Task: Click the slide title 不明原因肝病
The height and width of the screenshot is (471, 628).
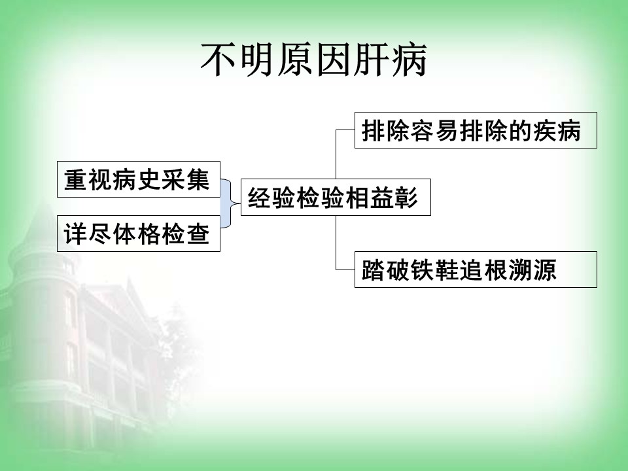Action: pyautogui.click(x=313, y=60)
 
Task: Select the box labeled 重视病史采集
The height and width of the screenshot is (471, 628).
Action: pyautogui.click(x=139, y=179)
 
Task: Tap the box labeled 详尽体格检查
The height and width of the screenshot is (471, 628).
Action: pyautogui.click(x=139, y=234)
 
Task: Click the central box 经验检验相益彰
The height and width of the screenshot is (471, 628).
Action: pyautogui.click(x=336, y=197)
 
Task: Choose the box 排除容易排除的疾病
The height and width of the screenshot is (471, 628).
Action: pyautogui.click(x=476, y=130)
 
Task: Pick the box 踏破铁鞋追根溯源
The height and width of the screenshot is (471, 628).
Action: pyautogui.click(x=476, y=270)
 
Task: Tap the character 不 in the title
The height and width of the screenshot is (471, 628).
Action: pyautogui.click(x=218, y=60)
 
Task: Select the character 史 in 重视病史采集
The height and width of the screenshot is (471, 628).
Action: pyautogui.click(x=149, y=179)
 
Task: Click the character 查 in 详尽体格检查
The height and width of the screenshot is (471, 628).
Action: pyautogui.click(x=198, y=234)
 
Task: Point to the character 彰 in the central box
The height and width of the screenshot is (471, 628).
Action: pyautogui.click(x=406, y=198)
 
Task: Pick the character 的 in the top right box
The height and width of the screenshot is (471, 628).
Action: pyautogui.click(x=520, y=131)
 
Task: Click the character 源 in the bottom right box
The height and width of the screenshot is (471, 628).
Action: pyautogui.click(x=544, y=270)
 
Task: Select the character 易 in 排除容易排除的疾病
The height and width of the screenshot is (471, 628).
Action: pyautogui.click(x=447, y=131)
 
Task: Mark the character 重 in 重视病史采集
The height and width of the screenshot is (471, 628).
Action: pyautogui.click(x=76, y=179)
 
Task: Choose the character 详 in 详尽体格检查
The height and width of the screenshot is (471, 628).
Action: pyautogui.click(x=76, y=234)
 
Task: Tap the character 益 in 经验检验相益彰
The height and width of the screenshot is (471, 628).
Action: pyautogui.click(x=381, y=198)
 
